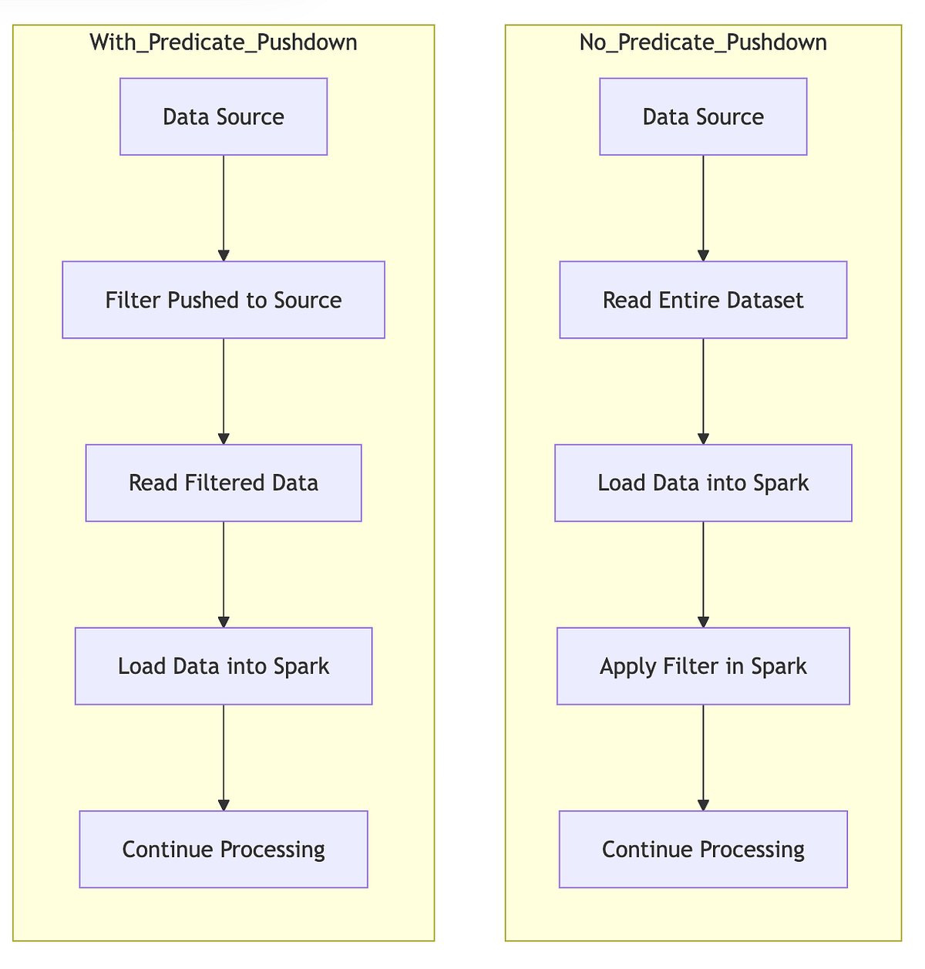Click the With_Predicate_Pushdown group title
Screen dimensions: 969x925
tap(224, 42)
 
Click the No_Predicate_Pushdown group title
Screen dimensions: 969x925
tap(703, 42)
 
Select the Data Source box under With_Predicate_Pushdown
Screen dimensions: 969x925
tap(224, 116)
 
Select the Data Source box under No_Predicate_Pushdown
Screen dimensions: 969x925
tap(703, 116)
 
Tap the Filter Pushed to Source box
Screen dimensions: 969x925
tap(224, 300)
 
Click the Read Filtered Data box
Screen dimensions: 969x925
tap(224, 483)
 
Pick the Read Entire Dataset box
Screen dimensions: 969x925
tap(703, 300)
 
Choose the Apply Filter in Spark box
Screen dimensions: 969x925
tap(703, 666)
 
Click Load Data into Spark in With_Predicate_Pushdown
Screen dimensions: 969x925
tap(224, 666)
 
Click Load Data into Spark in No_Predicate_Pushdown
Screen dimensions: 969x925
tap(703, 483)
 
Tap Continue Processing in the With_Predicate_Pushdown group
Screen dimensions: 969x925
tap(224, 849)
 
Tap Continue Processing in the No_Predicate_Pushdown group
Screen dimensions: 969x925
tap(703, 849)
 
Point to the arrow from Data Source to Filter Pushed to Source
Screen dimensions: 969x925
tap(224, 208)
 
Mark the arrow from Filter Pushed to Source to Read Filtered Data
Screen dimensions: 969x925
tap(224, 391)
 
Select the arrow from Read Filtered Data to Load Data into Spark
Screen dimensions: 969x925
tap(224, 574)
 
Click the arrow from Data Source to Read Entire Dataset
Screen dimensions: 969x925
tap(703, 208)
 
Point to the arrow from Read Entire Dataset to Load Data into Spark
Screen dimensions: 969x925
tap(703, 391)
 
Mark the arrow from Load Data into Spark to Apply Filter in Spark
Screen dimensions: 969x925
tap(703, 574)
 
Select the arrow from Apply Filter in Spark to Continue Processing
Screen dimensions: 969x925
tap(703, 757)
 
